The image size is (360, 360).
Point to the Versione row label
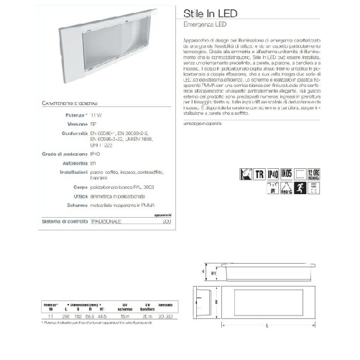pyautogui.click(x=74, y=124)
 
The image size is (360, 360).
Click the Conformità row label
pyautogui.click(x=70, y=133)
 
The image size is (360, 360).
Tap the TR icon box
pyautogui.click(x=259, y=173)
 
